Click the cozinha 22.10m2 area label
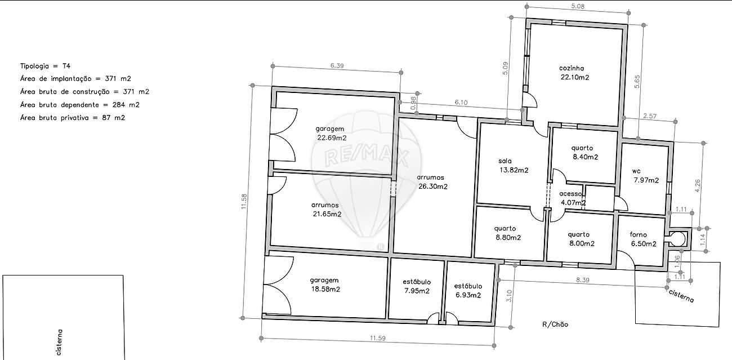[574, 73]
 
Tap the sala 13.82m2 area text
[514, 166]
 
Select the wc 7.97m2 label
[646, 176]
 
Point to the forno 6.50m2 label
[643, 239]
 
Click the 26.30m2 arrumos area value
[433, 186]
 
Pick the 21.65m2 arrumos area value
[327, 214]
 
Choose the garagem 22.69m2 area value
[332, 137]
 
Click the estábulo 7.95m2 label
[417, 286]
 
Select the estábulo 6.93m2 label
[468, 291]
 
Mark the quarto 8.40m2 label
[584, 152]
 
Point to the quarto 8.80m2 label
[508, 233]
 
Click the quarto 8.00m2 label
[581, 239]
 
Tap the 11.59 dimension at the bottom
[377, 338]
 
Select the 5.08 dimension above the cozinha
[577, 6]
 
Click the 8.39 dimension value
[582, 280]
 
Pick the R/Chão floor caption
[555, 325]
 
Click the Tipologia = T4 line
[45, 66]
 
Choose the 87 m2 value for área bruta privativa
[113, 118]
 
